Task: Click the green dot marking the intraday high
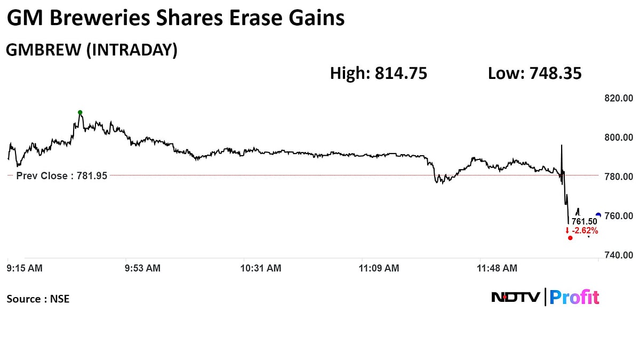coord(80,113)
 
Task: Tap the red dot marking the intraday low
coord(570,238)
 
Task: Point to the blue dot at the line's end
coord(598,215)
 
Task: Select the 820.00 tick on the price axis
coord(618,98)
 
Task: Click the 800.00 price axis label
coord(618,138)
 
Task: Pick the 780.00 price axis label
coord(618,177)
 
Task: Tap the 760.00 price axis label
coord(618,216)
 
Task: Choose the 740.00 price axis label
coord(618,255)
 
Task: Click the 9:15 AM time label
coord(25,268)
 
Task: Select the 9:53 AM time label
coord(142,268)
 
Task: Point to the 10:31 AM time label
coord(261,268)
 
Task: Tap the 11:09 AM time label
coord(379,268)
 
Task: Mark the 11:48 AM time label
coord(497,268)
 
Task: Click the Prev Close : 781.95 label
coord(62,175)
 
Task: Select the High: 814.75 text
coord(379,74)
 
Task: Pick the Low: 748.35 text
coord(534,74)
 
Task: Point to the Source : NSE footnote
coord(38,299)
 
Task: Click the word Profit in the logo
coord(574,297)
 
